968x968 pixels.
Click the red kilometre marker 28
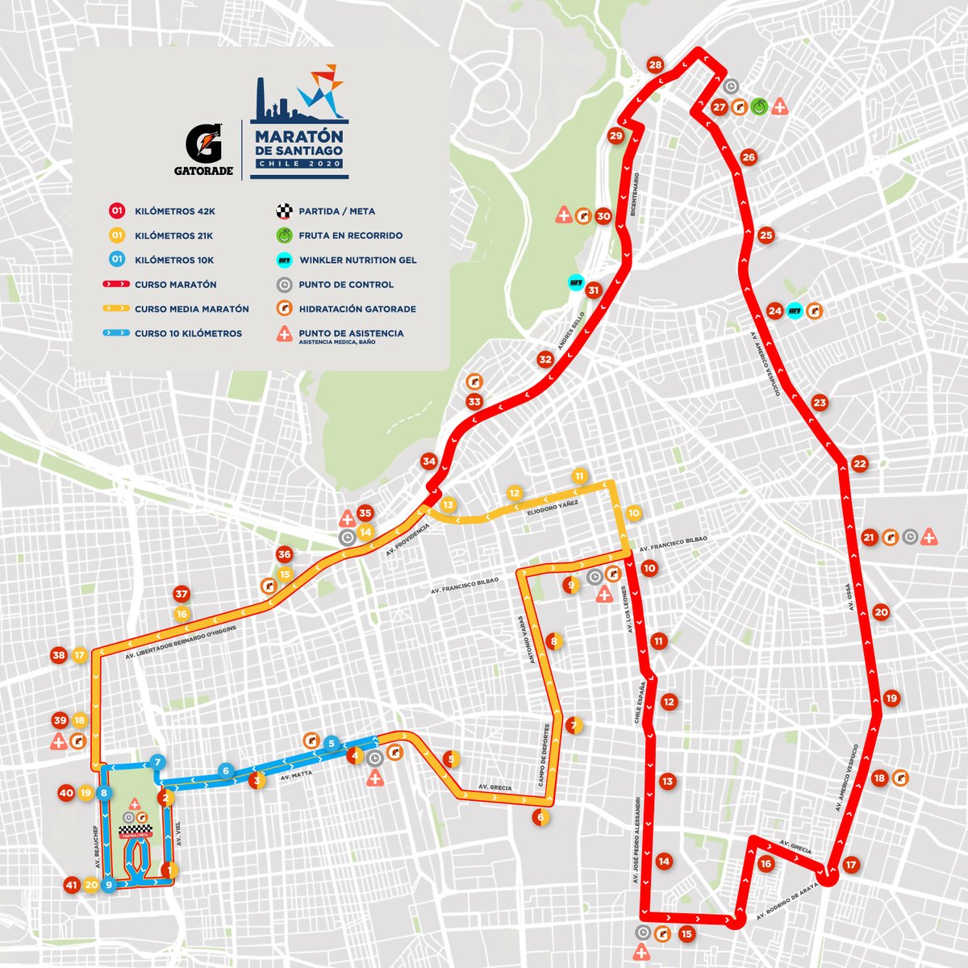coord(655,65)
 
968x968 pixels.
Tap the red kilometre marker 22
coord(859,464)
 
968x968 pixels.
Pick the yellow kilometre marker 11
coord(578,476)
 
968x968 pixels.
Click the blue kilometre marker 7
coord(158,762)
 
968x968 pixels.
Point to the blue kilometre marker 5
coord(331,743)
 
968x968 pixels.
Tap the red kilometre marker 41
coord(72,885)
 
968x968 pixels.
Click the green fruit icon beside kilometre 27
coord(759,106)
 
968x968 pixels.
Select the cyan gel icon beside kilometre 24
coord(795,311)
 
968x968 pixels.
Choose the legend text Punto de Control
coord(346,284)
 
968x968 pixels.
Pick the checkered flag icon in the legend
coord(282,211)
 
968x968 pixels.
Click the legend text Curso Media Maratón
coord(192,309)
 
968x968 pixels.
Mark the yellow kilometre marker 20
coord(91,885)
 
